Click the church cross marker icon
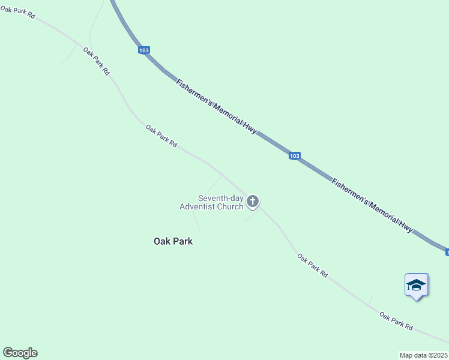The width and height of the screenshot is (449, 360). click(253, 201)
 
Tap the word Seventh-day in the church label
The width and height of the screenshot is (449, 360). click(220, 198)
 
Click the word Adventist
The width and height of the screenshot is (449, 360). click(198, 207)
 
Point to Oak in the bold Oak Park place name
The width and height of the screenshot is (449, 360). click(162, 241)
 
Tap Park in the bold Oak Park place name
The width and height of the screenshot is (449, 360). click(182, 241)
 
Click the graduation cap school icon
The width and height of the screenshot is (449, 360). click(416, 284)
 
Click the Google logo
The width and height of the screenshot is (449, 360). click(20, 353)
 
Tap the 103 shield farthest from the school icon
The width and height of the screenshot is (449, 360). click(143, 51)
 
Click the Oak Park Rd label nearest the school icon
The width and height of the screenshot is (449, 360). click(396, 320)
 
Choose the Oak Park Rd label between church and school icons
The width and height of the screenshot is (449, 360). click(313, 265)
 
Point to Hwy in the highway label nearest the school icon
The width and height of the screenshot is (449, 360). click(406, 226)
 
